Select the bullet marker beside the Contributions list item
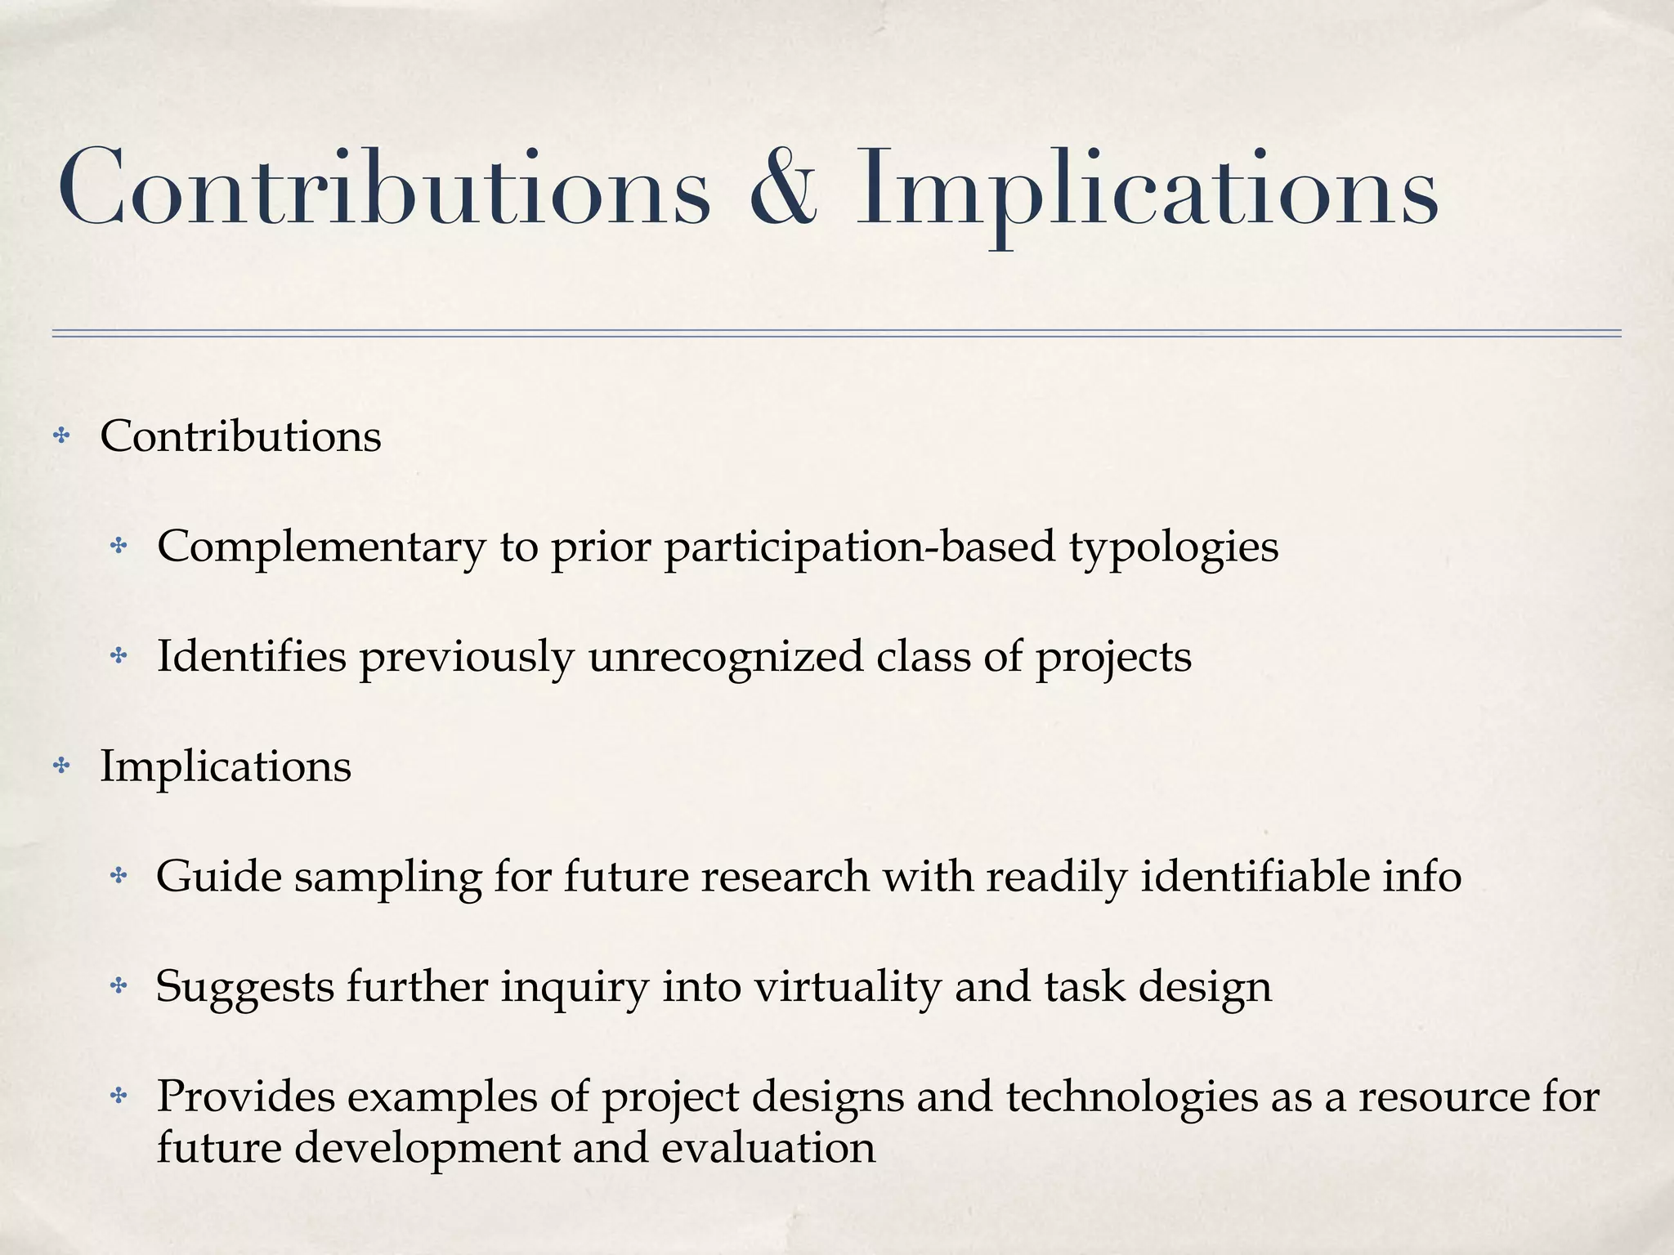[x=60, y=436]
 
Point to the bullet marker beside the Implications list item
[x=60, y=766]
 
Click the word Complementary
[x=321, y=547]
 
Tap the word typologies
[x=1174, y=547]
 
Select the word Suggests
[x=244, y=989]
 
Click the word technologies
[x=1132, y=1097]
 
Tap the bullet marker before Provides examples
[x=119, y=1096]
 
